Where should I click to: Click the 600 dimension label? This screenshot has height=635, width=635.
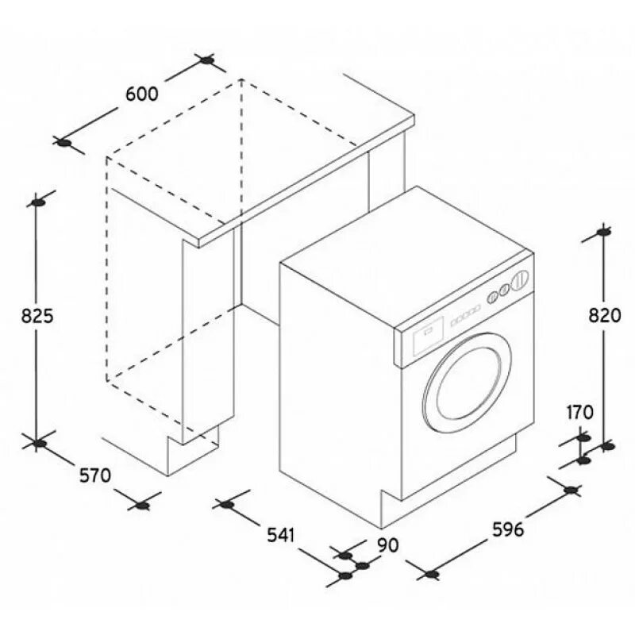click(x=142, y=93)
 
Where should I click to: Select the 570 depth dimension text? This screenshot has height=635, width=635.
click(x=94, y=475)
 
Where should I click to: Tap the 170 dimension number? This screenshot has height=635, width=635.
click(x=580, y=412)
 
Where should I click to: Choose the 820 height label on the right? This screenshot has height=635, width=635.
click(x=604, y=315)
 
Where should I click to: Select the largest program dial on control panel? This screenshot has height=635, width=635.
click(x=521, y=279)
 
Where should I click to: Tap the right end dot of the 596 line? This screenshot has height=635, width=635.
click(x=569, y=490)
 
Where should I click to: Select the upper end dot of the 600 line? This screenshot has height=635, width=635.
click(x=207, y=60)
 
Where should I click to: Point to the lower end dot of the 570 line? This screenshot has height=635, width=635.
click(x=142, y=505)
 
